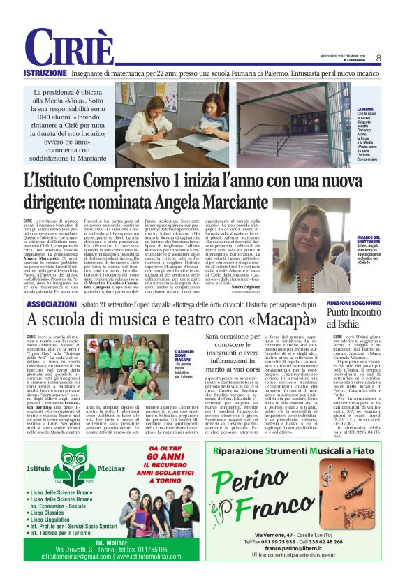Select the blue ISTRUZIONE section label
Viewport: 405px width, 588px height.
[x=45, y=73]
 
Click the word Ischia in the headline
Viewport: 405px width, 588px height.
[x=353, y=327]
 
